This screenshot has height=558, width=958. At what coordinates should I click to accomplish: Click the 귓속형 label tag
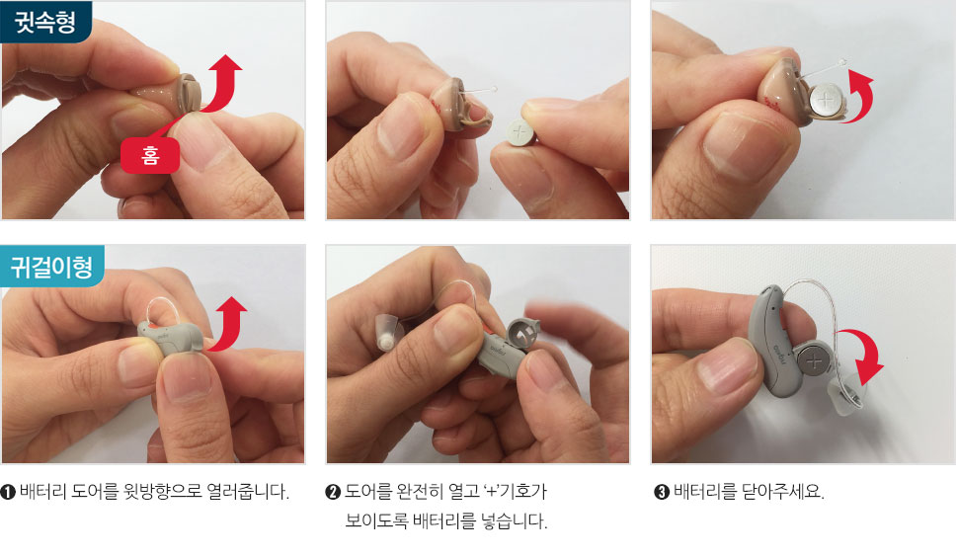tap(46, 22)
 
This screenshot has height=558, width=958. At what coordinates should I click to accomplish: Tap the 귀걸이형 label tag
tap(52, 267)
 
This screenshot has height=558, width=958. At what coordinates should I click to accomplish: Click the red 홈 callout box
tap(150, 155)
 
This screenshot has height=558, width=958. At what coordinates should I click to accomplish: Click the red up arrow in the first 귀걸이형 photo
tap(230, 325)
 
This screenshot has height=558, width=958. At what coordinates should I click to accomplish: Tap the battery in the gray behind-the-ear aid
tap(813, 362)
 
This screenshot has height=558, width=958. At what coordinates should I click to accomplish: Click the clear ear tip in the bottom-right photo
tap(843, 397)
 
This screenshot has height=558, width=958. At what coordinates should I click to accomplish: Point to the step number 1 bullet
tap(8, 492)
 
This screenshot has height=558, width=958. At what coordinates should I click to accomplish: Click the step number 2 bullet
tap(333, 492)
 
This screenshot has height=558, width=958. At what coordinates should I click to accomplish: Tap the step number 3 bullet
tap(662, 492)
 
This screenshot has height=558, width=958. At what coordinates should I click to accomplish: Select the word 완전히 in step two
tap(419, 492)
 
